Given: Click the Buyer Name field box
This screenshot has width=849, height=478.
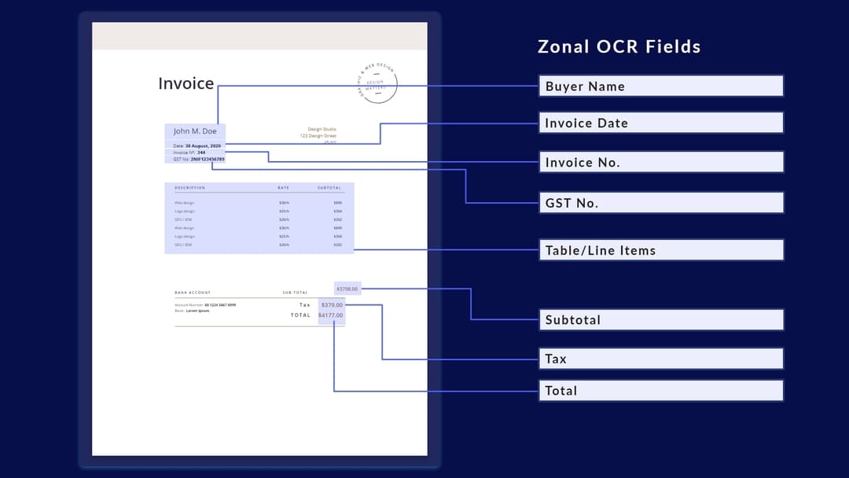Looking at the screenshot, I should click(x=660, y=86).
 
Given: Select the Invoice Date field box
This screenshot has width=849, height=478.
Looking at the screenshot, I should click(x=660, y=123).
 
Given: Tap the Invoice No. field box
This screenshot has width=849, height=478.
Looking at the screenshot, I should click(x=660, y=162).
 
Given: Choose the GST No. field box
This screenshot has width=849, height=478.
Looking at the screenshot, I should click(x=660, y=202).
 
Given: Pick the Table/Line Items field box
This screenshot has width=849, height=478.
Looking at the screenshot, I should click(x=660, y=250).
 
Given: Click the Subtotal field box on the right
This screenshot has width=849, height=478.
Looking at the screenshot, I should click(x=660, y=319).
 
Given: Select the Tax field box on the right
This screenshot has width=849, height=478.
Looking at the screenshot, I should click(x=660, y=358).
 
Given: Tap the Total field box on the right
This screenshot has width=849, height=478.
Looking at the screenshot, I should click(x=660, y=391).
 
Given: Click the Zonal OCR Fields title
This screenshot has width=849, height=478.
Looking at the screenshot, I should click(x=619, y=46).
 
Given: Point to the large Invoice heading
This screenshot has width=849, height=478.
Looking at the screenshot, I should click(x=186, y=83).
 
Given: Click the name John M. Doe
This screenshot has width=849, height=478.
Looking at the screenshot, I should click(x=195, y=131).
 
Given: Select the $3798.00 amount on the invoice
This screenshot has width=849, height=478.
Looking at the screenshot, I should click(x=347, y=289).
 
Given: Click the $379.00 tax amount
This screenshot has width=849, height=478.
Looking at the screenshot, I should click(x=332, y=305).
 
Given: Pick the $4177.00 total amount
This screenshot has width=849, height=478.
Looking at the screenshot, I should click(x=330, y=315).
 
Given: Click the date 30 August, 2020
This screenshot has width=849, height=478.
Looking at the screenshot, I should click(x=204, y=146).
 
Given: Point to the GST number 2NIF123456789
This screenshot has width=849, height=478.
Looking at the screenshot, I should click(x=208, y=159).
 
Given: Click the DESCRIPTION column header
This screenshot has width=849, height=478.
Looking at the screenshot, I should click(x=189, y=188).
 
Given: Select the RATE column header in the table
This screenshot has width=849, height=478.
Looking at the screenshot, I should click(x=283, y=188).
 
